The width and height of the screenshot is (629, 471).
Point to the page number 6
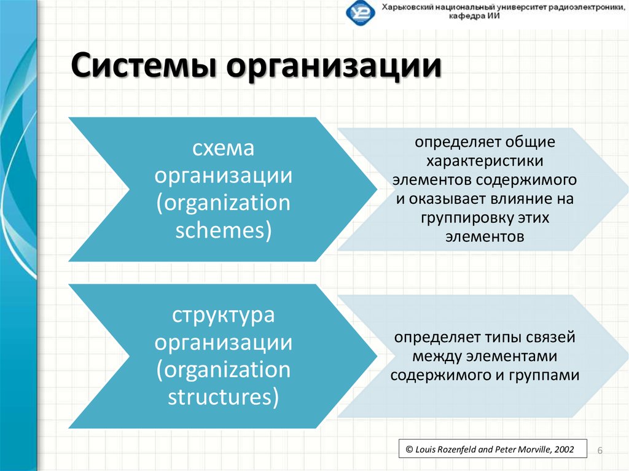600,451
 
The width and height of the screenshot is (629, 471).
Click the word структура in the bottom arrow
223,316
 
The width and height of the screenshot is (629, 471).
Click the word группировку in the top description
464,218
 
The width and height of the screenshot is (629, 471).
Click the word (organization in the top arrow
223,203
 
